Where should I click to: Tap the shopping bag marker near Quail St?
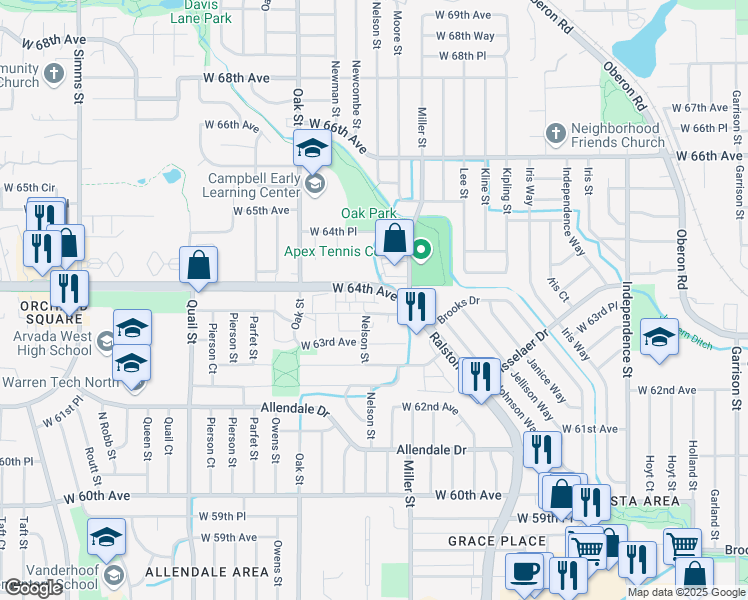198,265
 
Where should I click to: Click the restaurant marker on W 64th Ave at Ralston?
416,305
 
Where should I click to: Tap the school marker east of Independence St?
659,336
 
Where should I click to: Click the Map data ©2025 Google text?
685,592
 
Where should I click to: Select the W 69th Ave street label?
463,16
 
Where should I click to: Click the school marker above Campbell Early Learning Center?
312,150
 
